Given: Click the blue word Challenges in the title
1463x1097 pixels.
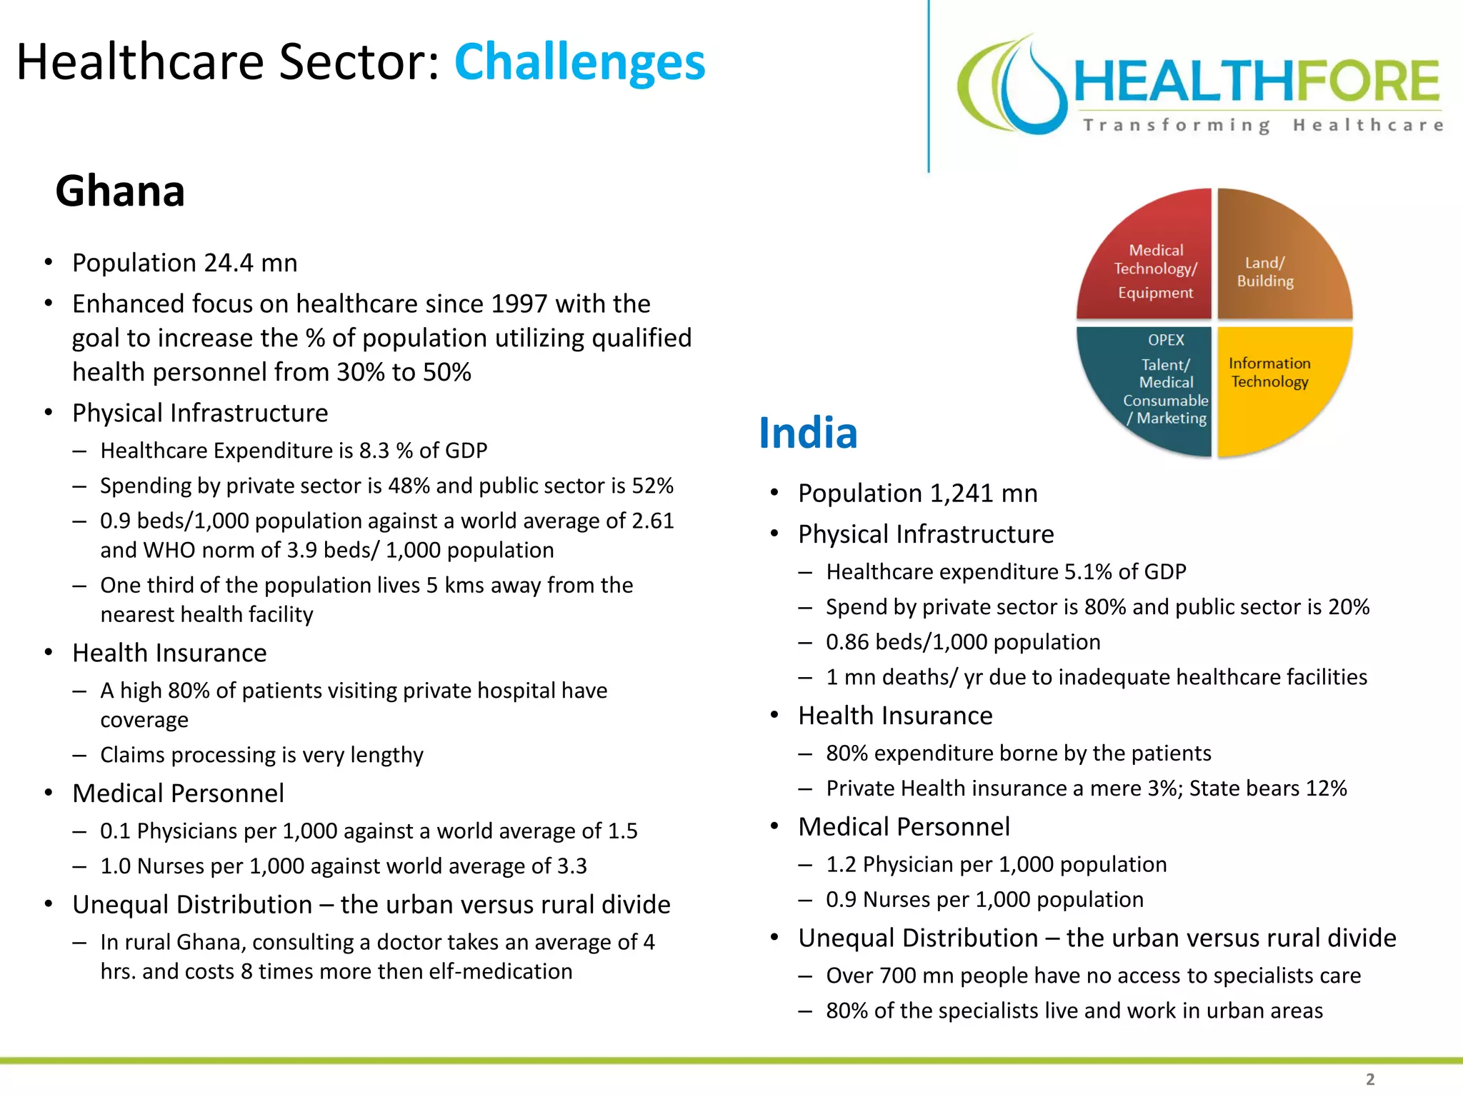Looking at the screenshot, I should pos(579,63).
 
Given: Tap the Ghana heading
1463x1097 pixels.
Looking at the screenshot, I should pos(120,191).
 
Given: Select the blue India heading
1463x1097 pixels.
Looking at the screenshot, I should pos(807,433).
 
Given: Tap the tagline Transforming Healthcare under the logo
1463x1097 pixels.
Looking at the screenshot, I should pos(1262,126).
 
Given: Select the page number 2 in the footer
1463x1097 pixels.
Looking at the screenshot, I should pos(1369,1079).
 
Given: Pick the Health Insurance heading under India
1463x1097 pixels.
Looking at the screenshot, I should pos(895,716).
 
